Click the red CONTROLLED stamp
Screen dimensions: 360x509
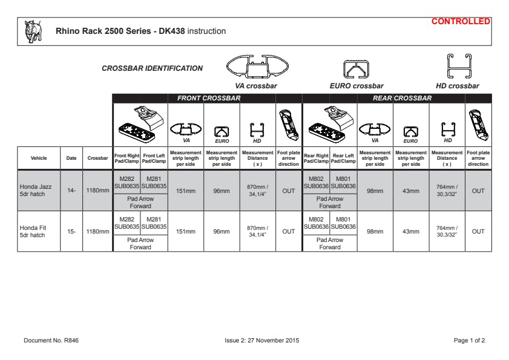tap(461, 21)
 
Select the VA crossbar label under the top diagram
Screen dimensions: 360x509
tap(256, 86)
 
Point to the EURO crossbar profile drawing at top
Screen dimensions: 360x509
tap(356, 69)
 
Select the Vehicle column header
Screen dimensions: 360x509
tap(39, 158)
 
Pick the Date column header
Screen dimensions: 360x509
tap(71, 158)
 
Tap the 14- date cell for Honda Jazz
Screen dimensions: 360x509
tap(71, 191)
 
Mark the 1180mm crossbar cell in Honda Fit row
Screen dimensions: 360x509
tap(97, 231)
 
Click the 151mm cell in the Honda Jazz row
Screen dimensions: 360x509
tap(186, 191)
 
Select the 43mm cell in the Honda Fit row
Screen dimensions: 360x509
tap(411, 231)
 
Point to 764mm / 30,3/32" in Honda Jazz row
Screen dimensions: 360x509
tap(447, 191)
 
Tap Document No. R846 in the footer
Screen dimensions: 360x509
tap(51, 341)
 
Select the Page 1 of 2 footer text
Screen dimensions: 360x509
tap(469, 341)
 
